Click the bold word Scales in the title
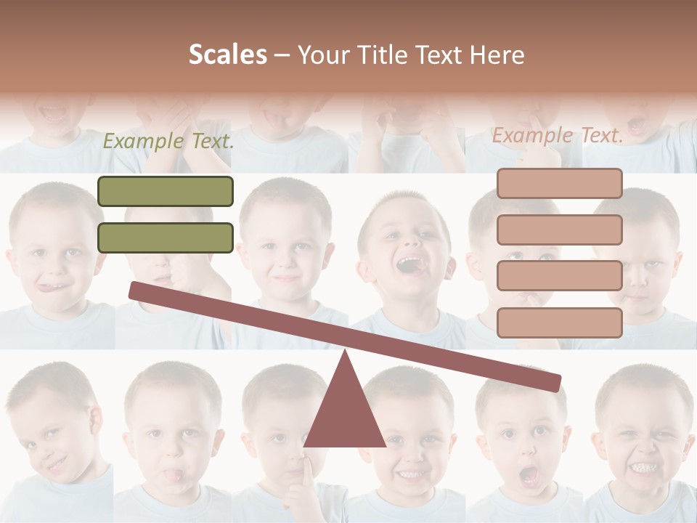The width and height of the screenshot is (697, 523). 228,54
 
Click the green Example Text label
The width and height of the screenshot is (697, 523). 168,141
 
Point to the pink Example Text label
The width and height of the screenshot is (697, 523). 558,135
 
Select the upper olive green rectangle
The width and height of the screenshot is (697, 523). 166,192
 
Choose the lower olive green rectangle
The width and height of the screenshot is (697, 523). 166,238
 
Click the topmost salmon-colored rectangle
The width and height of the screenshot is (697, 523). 559,184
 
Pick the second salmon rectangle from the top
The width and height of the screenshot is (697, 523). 559,230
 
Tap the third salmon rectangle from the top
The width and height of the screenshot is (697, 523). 559,276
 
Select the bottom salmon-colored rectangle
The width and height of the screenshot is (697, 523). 559,323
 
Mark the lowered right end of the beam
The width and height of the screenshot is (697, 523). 555,384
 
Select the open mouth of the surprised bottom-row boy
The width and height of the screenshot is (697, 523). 529,476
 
